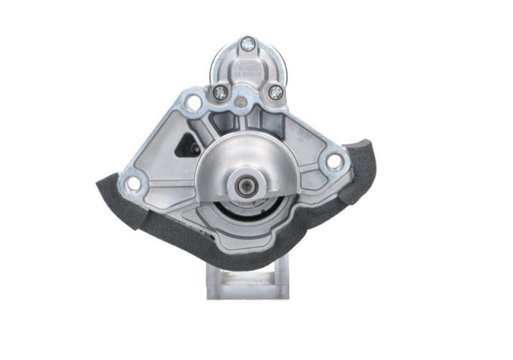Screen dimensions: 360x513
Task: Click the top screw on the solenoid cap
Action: point(248,44)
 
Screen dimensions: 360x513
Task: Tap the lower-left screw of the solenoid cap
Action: point(220,92)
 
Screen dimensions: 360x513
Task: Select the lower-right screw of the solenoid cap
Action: point(276,92)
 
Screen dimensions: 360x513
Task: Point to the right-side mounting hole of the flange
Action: point(334,162)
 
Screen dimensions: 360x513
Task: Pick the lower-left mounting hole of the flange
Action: point(133,184)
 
